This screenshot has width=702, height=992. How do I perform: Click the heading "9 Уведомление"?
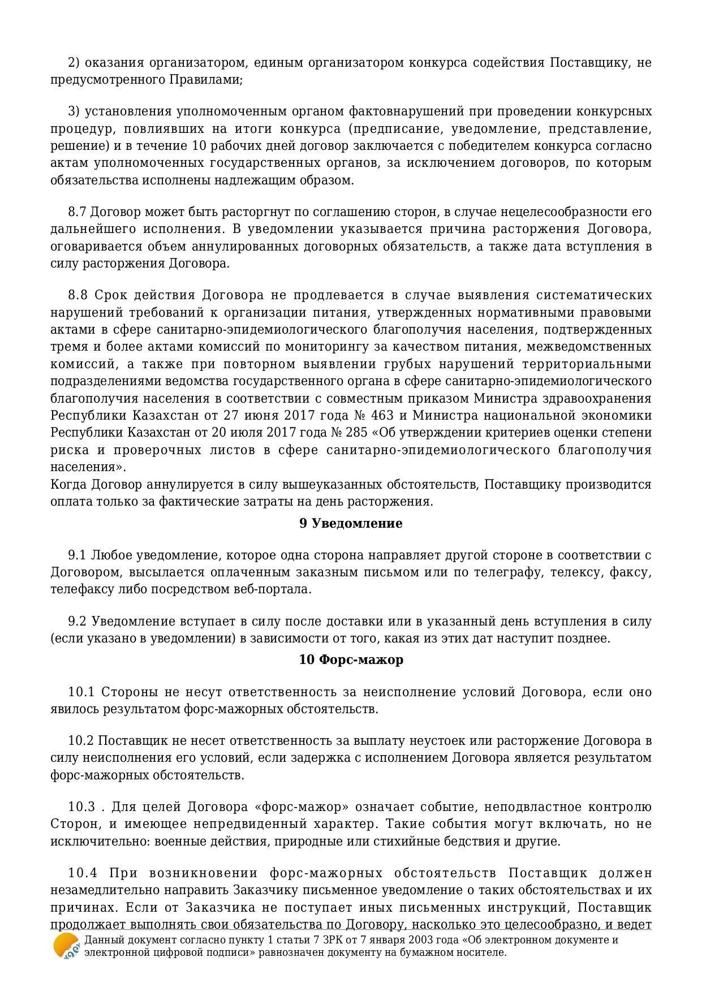point(351,523)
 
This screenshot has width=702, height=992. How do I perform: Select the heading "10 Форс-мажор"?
point(351,659)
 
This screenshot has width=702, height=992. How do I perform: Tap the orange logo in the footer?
point(66,946)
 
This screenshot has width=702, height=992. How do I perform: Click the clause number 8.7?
point(77,212)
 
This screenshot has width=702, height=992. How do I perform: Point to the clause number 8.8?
point(77,295)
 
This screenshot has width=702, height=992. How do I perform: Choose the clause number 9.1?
point(77,555)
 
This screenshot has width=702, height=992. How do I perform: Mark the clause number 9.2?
point(77,621)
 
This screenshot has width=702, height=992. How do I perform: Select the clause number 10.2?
point(80,741)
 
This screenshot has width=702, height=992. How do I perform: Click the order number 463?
point(382,415)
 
